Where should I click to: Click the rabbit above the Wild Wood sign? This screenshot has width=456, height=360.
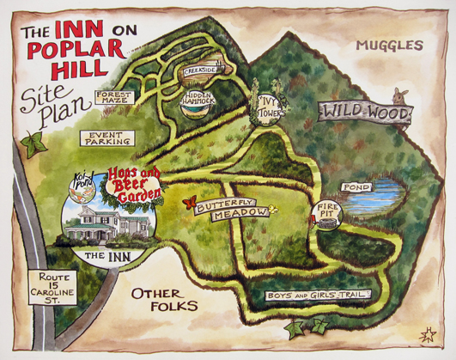[x=398, y=95]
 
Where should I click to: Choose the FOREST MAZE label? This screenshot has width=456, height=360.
[x=113, y=99]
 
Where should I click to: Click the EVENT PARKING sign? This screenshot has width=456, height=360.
[x=109, y=137]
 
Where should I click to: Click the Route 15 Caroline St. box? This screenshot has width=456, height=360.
[x=58, y=286]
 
